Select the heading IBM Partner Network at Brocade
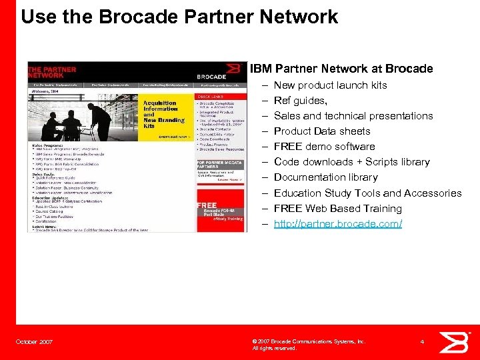pyautogui.click(x=341, y=69)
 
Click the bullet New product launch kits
pyautogui.click(x=330, y=85)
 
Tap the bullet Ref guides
pyautogui.click(x=300, y=101)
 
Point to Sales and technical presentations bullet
pyautogui.click(x=353, y=116)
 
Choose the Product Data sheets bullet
pyautogui.click(x=322, y=131)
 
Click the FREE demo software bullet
pyautogui.click(x=324, y=147)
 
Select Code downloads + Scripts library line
pyautogui.click(x=351, y=162)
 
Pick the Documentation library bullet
pyautogui.click(x=325, y=177)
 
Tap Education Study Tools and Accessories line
pyautogui.click(x=367, y=193)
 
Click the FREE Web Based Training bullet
pyautogui.click(x=337, y=209)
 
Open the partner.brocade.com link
pyautogui.click(x=338, y=224)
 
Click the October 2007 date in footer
pyautogui.click(x=35, y=343)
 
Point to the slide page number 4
pyautogui.click(x=423, y=342)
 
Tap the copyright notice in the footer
pyautogui.click(x=308, y=345)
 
